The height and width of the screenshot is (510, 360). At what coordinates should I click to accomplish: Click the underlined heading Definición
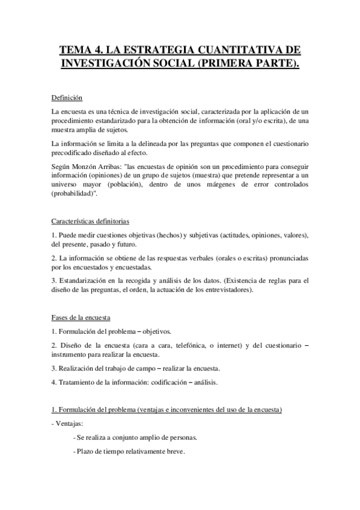[67, 97]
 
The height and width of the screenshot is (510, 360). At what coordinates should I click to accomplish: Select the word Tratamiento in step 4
[78, 382]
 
